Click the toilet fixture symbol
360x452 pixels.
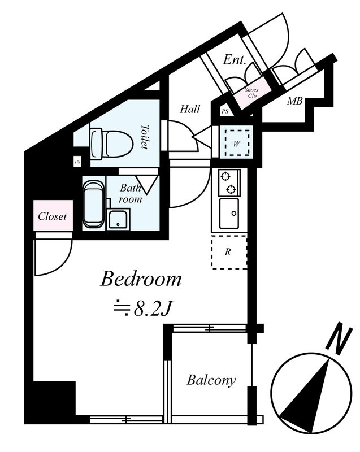click(111, 144)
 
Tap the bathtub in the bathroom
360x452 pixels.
click(94, 204)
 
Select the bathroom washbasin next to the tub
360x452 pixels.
click(118, 220)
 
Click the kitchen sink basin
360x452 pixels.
click(229, 214)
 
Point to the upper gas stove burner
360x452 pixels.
click(224, 175)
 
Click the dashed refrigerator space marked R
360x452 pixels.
click(229, 252)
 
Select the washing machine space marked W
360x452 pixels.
click(237, 144)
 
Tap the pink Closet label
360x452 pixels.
click(53, 216)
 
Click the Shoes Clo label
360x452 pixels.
click(251, 93)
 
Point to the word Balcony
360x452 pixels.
click(211, 380)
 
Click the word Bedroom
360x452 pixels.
click(141, 279)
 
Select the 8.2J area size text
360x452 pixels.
click(152, 309)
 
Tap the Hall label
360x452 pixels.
click(190, 109)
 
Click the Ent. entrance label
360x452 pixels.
click(235, 60)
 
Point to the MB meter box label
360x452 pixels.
click(294, 101)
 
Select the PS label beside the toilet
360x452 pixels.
click(77, 162)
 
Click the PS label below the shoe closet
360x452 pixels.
click(225, 111)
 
